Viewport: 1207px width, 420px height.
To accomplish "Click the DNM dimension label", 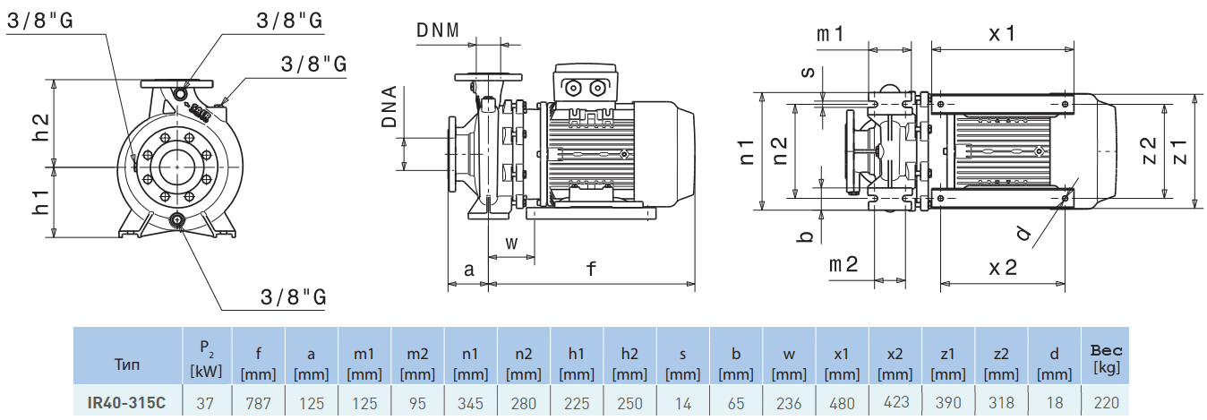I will [438, 29].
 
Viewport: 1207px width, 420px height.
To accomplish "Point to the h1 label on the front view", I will [39, 201].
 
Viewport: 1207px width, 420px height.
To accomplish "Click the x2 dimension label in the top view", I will [1003, 266].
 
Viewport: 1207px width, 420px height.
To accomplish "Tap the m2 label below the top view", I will [843, 264].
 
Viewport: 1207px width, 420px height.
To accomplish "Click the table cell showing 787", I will [258, 403].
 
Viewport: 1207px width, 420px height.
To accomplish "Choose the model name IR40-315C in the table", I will [127, 403].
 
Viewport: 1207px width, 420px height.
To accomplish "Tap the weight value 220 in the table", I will [1106, 403].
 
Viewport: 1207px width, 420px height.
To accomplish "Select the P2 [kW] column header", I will [205, 357].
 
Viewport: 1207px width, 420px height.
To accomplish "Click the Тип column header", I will [127, 364].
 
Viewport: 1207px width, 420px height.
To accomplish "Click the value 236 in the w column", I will [789, 403].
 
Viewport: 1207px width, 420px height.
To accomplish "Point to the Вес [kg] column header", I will [1106, 358].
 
